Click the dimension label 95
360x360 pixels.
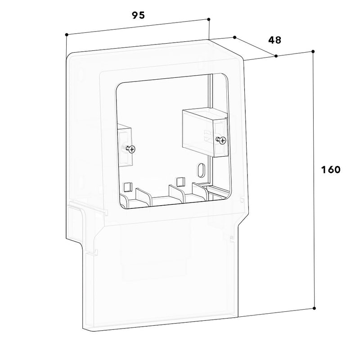pos(139,15)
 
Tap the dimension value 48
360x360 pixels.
pos(274,40)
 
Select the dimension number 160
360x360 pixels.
pos(331,170)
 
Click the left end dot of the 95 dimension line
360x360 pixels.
pos(67,35)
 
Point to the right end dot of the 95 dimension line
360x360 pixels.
pos(209,19)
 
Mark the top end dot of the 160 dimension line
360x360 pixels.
pos(313,51)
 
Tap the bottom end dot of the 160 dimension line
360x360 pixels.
pos(314,308)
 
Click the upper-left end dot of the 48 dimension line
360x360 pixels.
pos(234,37)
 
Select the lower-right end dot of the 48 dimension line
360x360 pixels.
pos(276,56)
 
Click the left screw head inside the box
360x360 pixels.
pos(132,150)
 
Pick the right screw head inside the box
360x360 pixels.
pos(222,140)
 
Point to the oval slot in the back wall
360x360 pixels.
pos(200,170)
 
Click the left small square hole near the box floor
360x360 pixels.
pos(127,187)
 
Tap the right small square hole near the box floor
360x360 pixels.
pos(180,182)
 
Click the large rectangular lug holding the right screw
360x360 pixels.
pos(205,133)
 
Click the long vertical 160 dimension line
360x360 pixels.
pos(314,180)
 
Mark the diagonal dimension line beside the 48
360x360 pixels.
pos(255,47)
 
